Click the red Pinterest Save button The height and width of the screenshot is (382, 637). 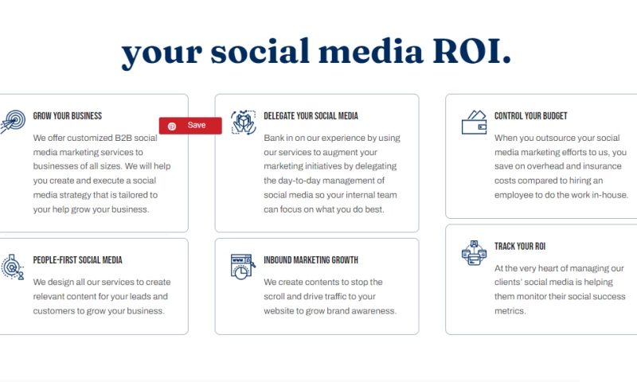coord(190,126)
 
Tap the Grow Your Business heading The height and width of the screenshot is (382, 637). coord(68,116)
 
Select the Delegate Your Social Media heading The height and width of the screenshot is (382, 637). coord(311,116)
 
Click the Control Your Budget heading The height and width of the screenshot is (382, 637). coord(530,116)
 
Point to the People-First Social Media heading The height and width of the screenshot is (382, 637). coord(77,260)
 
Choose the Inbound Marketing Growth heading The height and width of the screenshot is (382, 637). coord(311,260)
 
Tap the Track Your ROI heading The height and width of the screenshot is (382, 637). coord(520,247)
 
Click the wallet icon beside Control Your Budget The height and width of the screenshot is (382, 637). coord(474,123)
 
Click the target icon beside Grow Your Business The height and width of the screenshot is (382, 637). coord(12,122)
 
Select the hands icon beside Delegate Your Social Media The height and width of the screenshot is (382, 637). coord(244,123)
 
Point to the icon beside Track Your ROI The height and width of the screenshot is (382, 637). coord(474,253)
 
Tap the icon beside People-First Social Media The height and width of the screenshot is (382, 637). coord(12,267)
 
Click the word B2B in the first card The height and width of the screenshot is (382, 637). coord(123,138)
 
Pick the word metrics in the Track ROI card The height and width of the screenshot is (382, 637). coord(510,311)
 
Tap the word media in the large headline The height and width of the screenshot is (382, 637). coord(370,52)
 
